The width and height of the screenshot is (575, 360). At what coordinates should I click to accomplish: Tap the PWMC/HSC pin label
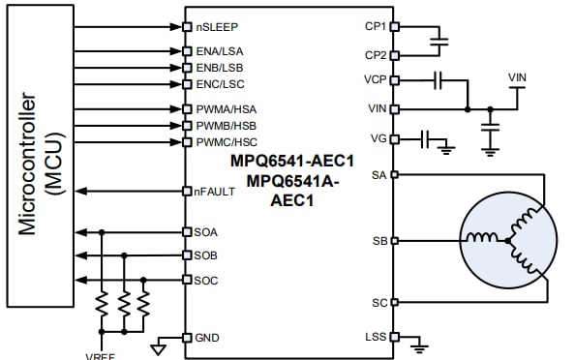click(x=223, y=143)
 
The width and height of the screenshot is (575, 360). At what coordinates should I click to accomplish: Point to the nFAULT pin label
click(x=214, y=192)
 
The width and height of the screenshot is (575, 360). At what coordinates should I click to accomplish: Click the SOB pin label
click(x=205, y=255)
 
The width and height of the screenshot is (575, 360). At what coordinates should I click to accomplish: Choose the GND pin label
click(x=206, y=338)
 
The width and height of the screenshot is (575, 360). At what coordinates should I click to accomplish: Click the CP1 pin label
click(x=377, y=26)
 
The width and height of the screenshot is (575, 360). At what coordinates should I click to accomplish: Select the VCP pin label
click(x=376, y=80)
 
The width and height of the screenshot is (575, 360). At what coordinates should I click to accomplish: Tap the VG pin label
click(x=378, y=139)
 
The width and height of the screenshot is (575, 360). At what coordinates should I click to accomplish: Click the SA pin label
click(x=379, y=175)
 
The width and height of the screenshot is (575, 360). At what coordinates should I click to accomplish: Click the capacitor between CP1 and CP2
click(x=441, y=42)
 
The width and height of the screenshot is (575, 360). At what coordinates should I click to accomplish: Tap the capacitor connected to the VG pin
click(x=425, y=139)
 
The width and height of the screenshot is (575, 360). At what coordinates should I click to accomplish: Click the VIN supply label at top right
click(x=518, y=76)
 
